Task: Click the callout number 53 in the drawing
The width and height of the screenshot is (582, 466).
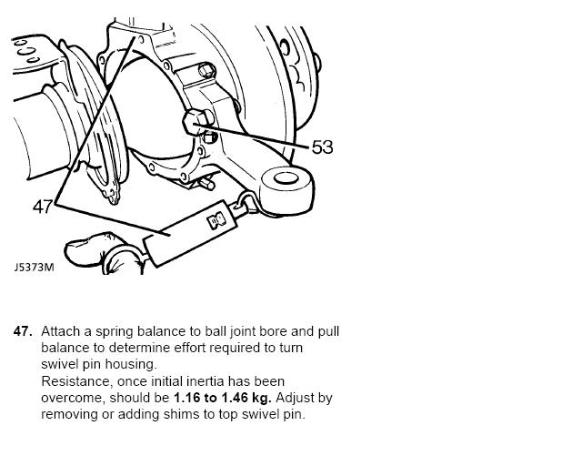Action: click(x=322, y=147)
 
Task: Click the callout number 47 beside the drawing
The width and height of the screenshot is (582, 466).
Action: click(x=43, y=207)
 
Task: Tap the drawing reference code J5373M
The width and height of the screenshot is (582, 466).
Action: click(x=35, y=268)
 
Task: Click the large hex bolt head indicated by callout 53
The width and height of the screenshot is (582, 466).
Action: click(x=196, y=122)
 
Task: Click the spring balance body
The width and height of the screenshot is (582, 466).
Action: click(x=190, y=233)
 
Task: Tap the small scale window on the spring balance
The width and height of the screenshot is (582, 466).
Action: click(x=216, y=221)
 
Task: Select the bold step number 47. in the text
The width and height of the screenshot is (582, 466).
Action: click(x=23, y=331)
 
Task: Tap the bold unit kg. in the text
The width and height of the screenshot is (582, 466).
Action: click(x=262, y=398)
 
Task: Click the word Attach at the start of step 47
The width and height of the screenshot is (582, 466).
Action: click(x=60, y=331)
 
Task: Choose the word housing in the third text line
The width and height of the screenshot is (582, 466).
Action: click(x=131, y=365)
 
